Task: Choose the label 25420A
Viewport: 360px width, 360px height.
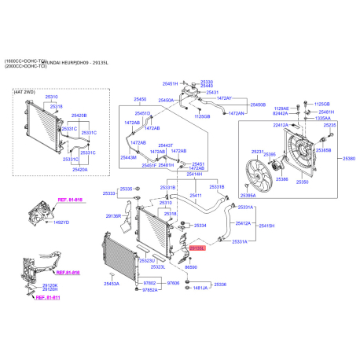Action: tap(80, 168)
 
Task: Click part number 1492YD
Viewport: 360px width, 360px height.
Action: tap(61, 222)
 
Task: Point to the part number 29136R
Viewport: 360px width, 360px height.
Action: tap(113, 215)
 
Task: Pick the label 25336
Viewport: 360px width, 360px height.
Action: tap(220, 285)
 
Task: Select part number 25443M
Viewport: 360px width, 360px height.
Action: tap(128, 157)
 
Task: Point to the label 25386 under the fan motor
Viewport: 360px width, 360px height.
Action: tap(281, 179)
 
